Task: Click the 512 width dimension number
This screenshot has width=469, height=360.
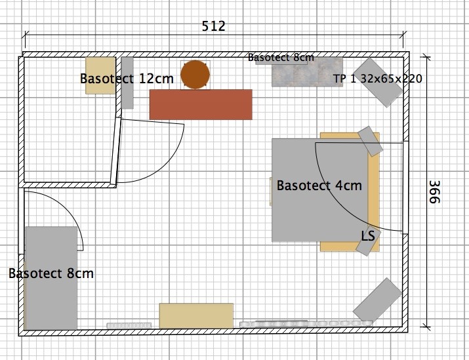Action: pos(213,26)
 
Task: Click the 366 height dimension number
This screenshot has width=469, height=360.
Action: pos(435,192)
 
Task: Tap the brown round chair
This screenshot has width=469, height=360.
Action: pos(195,75)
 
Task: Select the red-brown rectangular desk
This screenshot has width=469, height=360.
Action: pos(201,104)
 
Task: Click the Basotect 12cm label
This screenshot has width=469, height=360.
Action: pos(127,79)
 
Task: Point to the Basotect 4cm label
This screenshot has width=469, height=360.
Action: pos(319,186)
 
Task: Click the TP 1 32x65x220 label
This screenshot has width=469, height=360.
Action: pos(378,79)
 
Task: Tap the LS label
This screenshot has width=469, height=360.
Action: pos(368,236)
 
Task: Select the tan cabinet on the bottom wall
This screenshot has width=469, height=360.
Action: pos(196,316)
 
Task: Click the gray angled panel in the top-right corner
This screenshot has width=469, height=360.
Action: pos(380,83)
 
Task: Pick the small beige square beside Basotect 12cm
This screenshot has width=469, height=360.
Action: pos(100,75)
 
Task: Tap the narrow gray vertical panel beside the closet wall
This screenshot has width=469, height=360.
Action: pos(127,83)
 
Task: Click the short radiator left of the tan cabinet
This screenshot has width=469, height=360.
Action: pos(129,325)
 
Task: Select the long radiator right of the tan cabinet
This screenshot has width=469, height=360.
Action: pos(306,323)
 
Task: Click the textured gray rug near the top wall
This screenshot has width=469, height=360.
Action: pos(307,72)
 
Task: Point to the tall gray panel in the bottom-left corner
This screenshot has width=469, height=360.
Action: pos(51,278)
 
